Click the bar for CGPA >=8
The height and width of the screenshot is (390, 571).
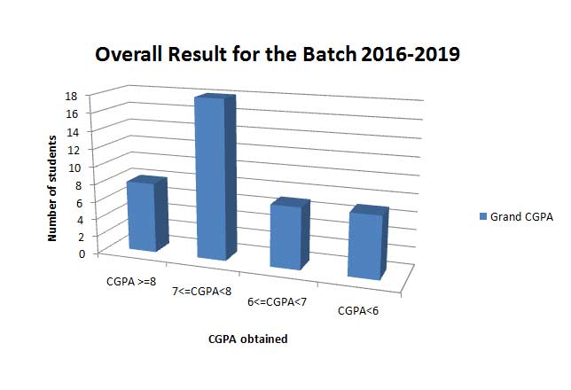(147, 214)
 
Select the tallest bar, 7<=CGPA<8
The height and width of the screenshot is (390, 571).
(215, 177)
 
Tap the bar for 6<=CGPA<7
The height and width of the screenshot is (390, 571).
(290, 234)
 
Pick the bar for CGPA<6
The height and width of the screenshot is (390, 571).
(368, 243)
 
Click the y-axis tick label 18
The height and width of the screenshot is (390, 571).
(71, 96)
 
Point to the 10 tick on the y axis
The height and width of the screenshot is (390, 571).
(73, 168)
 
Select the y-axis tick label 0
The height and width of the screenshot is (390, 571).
(82, 253)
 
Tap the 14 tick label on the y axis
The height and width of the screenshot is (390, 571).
(73, 132)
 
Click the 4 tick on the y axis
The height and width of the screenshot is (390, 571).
(81, 220)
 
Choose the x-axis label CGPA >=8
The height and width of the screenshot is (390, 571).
(131, 282)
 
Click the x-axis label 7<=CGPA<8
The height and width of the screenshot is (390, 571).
(202, 292)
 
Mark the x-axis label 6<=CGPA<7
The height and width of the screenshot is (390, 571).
(278, 302)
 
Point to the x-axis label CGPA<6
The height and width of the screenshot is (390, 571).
(358, 311)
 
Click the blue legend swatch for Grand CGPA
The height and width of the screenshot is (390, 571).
(483, 216)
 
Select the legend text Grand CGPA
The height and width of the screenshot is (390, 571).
(521, 216)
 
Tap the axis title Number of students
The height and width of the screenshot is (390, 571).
(52, 188)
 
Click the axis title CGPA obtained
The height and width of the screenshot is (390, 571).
(248, 339)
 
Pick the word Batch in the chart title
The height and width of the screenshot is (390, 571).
(330, 55)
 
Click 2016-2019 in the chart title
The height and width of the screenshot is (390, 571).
(411, 55)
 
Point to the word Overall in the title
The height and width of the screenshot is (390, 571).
(129, 55)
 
